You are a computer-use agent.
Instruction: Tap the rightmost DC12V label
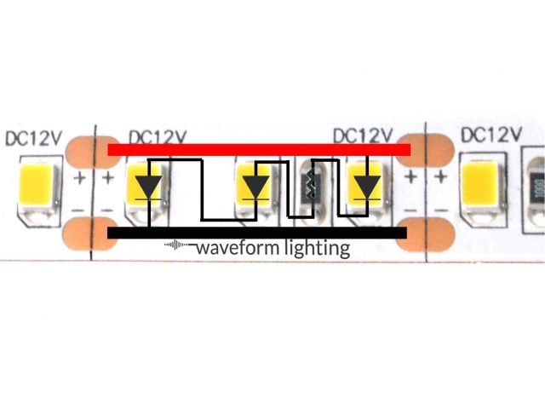tap(490, 135)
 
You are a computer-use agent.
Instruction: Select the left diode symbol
tap(149, 186)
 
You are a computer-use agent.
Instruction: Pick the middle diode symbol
tap(255, 186)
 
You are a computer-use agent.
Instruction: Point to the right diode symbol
tap(368, 185)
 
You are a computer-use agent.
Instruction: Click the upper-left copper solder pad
tap(89, 150)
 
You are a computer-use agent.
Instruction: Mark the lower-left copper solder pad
tap(86, 233)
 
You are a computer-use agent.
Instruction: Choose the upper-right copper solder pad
tap(423, 150)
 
